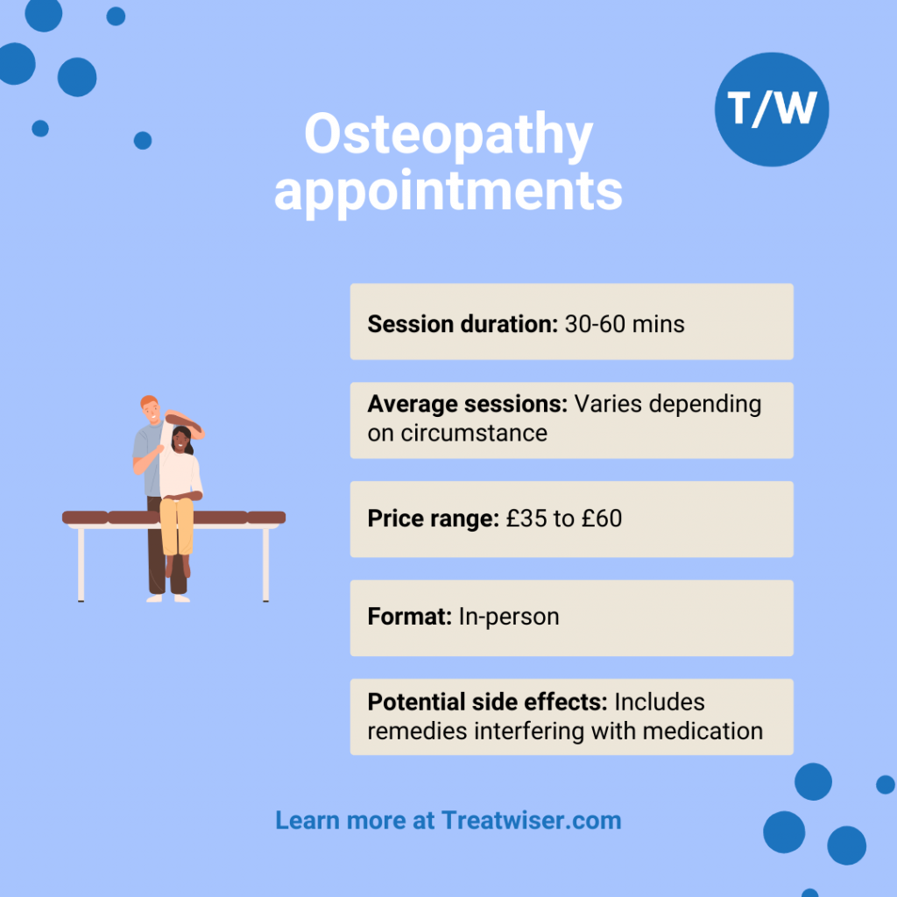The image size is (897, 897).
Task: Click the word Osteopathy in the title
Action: click(448, 138)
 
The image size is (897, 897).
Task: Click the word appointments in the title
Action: click(448, 191)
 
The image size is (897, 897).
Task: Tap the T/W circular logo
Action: click(771, 109)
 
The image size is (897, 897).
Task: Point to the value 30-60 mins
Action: click(625, 324)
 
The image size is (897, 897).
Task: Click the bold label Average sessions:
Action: click(468, 405)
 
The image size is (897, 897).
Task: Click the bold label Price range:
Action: click(433, 519)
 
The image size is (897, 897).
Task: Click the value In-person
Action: click(509, 617)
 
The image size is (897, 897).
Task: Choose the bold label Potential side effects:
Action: click(487, 703)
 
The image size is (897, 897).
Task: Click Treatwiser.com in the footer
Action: click(532, 821)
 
